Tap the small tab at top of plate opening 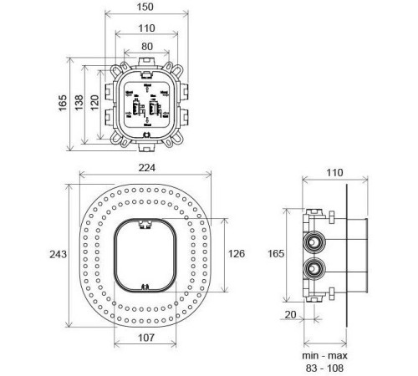click(x=146, y=223)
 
